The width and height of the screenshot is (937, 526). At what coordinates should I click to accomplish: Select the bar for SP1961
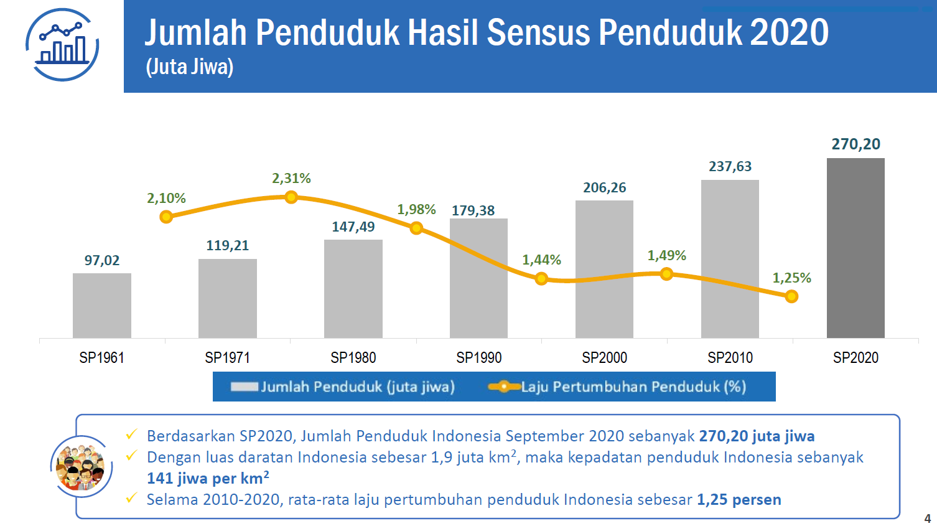tap(102, 306)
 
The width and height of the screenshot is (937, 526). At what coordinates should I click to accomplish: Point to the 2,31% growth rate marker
tap(291, 197)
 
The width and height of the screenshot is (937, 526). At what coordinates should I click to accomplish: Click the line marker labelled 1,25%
tap(791, 296)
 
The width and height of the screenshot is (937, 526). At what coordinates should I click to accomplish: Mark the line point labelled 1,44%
tap(541, 278)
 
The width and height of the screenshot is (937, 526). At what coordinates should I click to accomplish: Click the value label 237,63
tap(730, 167)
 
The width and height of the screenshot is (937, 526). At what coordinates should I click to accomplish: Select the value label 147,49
tap(353, 227)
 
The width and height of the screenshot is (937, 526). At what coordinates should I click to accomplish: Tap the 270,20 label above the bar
tap(855, 144)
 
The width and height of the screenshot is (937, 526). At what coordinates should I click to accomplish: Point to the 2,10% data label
tap(166, 199)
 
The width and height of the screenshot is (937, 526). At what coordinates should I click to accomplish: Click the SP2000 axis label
tap(604, 358)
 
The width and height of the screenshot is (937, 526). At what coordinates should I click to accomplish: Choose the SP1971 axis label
tap(227, 358)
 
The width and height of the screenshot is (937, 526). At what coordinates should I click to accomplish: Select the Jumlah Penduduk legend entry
tap(343, 387)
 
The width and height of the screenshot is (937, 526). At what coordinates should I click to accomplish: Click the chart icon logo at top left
tap(62, 45)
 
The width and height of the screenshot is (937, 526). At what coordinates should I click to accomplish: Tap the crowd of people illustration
tap(82, 467)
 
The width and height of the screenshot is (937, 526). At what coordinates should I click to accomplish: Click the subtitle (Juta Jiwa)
tap(190, 67)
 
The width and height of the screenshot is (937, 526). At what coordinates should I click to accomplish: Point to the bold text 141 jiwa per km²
tap(208, 479)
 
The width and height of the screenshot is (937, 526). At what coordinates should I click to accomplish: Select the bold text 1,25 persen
tap(739, 500)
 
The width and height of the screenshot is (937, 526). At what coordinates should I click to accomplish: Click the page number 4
tap(927, 518)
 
